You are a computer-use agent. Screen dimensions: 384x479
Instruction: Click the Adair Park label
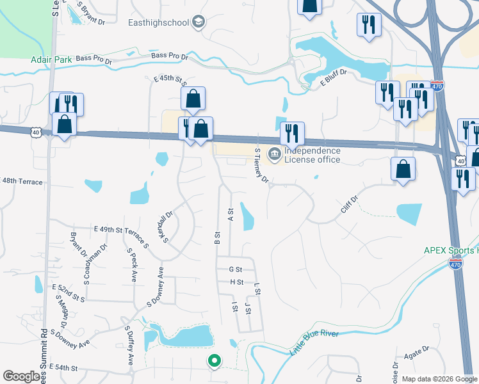click(51, 61)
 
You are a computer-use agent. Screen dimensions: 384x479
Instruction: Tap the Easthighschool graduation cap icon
click(199, 22)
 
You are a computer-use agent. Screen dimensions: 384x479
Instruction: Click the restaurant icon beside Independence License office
click(292, 134)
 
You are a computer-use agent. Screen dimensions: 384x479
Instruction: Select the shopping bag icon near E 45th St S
click(193, 99)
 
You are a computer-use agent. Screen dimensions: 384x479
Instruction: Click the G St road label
click(236, 269)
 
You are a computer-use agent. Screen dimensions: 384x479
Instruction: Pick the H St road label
click(236, 282)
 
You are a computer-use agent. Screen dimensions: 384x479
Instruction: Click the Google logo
click(22, 376)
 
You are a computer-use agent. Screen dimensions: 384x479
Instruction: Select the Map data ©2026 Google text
click(440, 379)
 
